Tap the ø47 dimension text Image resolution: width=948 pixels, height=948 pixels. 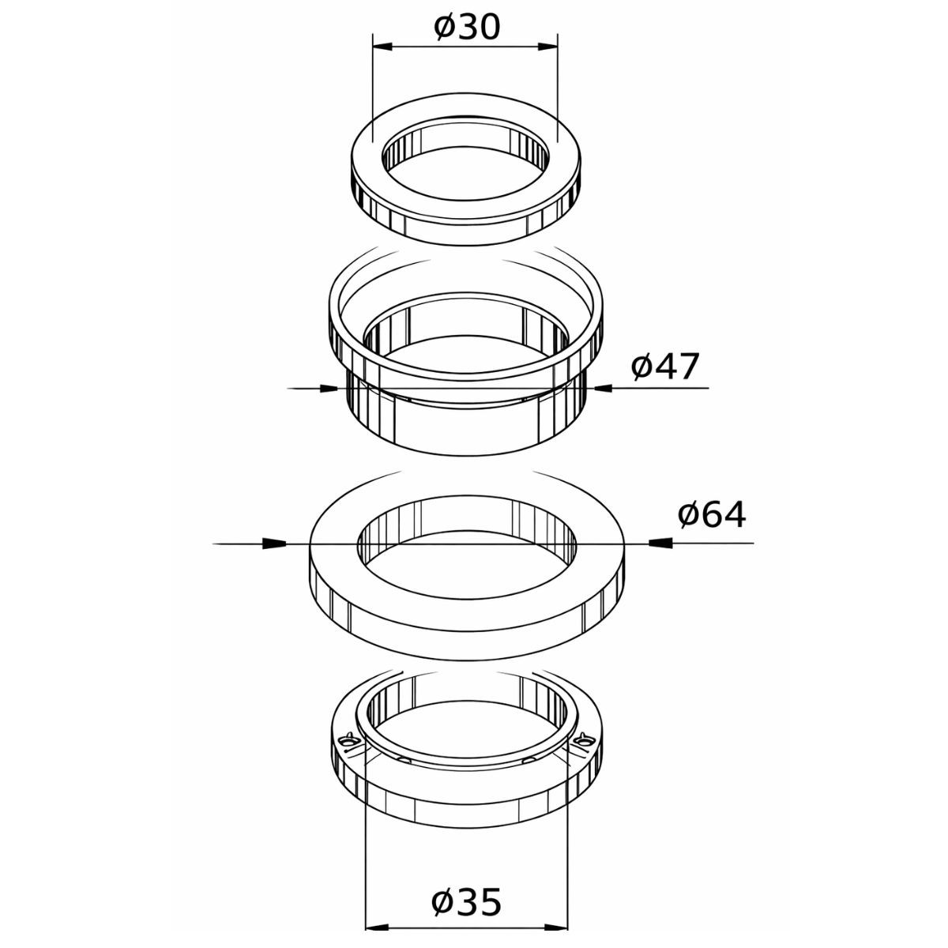(x=665, y=367)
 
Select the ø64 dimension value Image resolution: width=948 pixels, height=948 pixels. (x=711, y=514)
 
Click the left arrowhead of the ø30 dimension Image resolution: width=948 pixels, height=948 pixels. (x=384, y=47)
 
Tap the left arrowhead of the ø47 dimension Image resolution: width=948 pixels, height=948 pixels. (x=326, y=388)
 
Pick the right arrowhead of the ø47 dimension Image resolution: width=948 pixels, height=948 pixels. (x=606, y=388)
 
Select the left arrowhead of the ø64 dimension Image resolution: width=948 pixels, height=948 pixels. (x=273, y=543)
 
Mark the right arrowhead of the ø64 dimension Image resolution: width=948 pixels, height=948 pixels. (x=660, y=543)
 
